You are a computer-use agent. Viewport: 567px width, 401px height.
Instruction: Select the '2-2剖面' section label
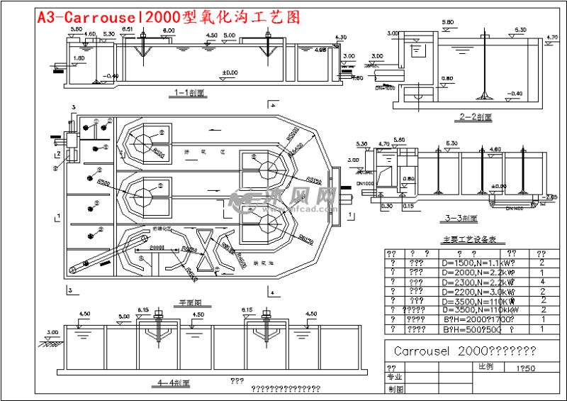tap(476, 117)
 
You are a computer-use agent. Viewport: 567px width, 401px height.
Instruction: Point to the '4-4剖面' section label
tap(174, 383)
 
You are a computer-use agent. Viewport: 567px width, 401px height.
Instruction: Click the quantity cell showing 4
tap(541, 282)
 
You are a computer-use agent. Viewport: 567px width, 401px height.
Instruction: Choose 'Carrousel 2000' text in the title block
tap(460, 351)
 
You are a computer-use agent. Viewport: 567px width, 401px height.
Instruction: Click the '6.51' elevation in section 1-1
tap(128, 28)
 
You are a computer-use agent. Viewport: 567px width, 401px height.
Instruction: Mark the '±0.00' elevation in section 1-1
tap(230, 72)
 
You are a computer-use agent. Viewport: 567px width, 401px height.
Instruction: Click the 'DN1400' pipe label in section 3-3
tap(515, 208)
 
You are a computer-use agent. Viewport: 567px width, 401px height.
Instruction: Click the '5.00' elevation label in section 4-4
tap(124, 316)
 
